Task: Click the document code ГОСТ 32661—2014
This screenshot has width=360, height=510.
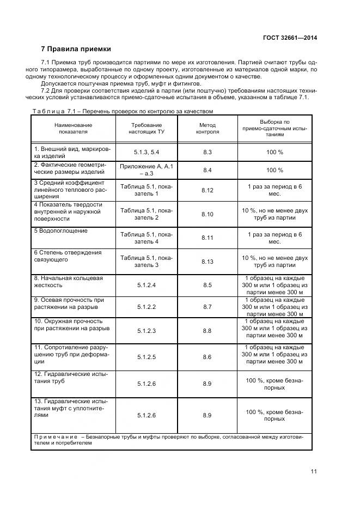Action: tap(290, 38)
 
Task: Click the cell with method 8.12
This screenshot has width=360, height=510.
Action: tap(207, 190)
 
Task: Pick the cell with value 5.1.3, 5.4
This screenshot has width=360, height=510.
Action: tap(146, 152)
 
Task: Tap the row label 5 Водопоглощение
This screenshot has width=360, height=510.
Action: tap(61, 231)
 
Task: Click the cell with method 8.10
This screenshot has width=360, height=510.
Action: tap(207, 214)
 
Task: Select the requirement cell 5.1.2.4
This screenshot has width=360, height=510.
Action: tap(146, 285)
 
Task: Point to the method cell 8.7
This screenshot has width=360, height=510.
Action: tap(207, 307)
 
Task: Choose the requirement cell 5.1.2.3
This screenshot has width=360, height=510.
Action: tap(146, 331)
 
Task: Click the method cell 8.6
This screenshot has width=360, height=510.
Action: tap(207, 356)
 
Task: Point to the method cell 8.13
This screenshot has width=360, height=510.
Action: tap(207, 262)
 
